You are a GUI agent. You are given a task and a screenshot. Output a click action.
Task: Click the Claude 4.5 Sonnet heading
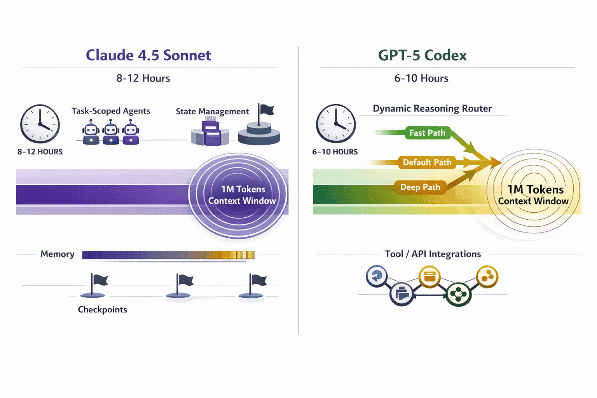click(148, 55)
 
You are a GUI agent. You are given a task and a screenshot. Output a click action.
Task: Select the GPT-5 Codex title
click(422, 55)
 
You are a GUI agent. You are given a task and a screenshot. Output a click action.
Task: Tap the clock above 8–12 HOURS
click(40, 124)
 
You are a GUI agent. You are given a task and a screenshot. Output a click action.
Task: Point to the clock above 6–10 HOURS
click(336, 123)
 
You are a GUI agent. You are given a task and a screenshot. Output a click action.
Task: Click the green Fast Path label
click(427, 133)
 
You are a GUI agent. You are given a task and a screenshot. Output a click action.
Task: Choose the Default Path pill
click(427, 162)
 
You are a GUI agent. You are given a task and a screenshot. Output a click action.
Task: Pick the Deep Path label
click(420, 187)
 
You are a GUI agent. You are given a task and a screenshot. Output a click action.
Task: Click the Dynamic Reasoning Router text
click(432, 108)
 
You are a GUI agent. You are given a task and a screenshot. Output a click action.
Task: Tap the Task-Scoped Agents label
click(111, 111)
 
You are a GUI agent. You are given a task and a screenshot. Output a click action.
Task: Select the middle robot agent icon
click(111, 133)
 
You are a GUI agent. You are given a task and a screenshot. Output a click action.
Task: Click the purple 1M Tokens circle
click(238, 194)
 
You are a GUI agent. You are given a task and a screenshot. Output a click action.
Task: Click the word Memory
click(58, 254)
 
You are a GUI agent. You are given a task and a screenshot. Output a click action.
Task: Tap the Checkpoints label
click(102, 309)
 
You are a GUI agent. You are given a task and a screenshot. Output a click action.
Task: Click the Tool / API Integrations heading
click(433, 254)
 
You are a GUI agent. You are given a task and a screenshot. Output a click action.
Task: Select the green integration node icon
click(459, 294)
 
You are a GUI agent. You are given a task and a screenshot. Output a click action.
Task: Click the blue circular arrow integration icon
click(376, 276)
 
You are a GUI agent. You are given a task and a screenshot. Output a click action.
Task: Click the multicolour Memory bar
click(168, 255)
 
